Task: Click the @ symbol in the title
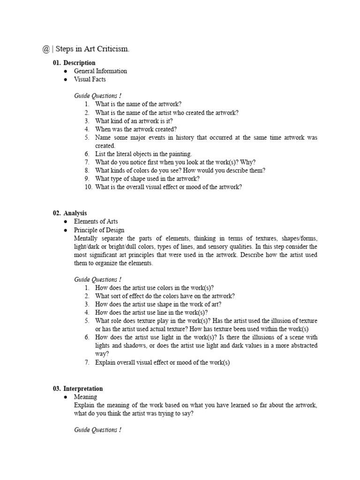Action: [x=45, y=50]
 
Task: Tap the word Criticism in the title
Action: [x=111, y=50]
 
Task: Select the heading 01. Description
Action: [x=74, y=63]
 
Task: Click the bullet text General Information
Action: [x=100, y=71]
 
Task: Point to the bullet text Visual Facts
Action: [x=90, y=80]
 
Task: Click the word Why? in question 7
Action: [x=247, y=162]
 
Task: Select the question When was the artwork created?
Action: [x=136, y=129]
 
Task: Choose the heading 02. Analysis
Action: [x=70, y=213]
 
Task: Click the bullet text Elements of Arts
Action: [x=96, y=222]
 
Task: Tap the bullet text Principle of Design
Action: [x=99, y=230]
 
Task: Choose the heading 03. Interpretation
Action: [x=78, y=389]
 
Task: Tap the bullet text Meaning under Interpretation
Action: [x=86, y=397]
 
